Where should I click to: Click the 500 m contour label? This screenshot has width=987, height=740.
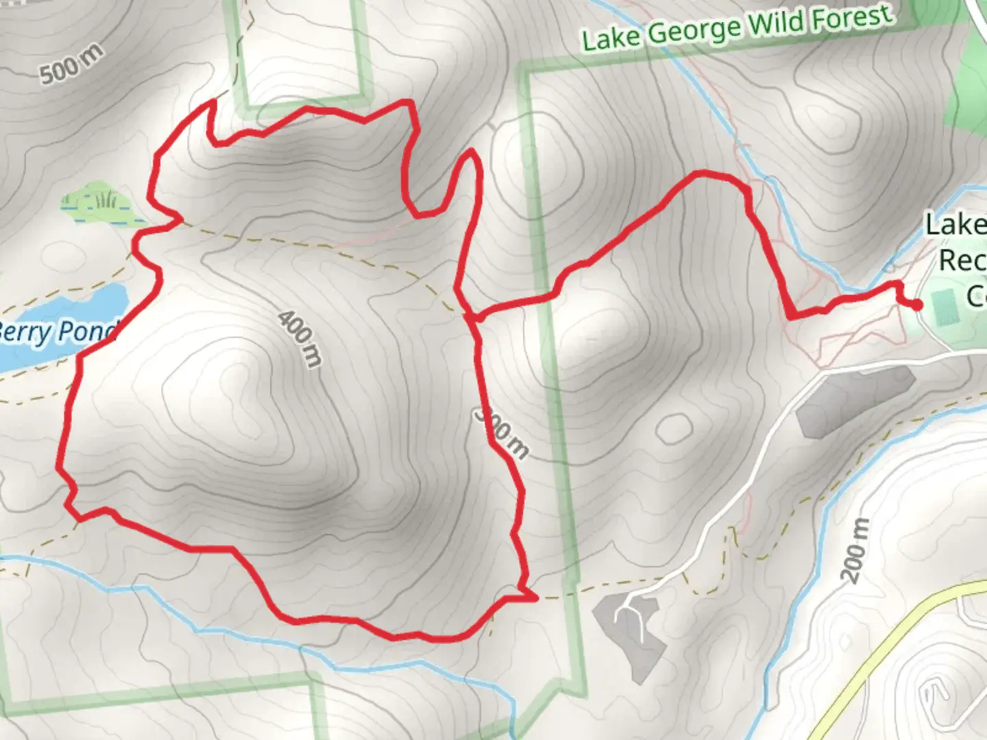[71, 63]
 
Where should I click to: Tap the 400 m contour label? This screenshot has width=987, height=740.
[300, 338]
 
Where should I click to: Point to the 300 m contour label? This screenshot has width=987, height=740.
[502, 432]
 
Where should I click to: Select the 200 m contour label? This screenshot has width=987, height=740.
[855, 551]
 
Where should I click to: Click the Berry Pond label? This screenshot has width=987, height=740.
[58, 332]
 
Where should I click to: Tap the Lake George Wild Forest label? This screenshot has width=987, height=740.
[738, 28]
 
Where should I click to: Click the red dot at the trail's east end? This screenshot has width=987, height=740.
[916, 305]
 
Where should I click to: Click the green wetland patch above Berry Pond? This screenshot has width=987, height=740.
[96, 202]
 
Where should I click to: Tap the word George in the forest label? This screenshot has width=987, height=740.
[693, 31]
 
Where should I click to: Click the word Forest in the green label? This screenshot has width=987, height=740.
[853, 16]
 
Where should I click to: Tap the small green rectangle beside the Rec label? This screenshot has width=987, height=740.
[942, 306]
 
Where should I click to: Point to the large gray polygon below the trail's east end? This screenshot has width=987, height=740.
[853, 400]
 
